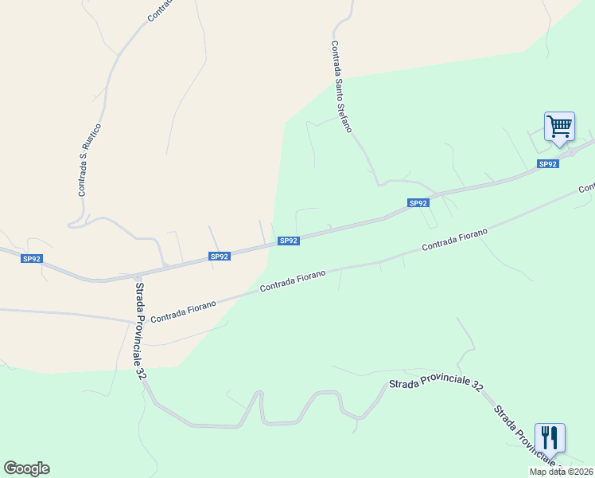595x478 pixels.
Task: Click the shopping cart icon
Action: click(559, 126)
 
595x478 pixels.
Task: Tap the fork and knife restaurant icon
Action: click(550, 437)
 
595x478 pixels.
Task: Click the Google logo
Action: click(26, 468)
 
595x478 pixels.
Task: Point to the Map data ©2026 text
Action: click(561, 472)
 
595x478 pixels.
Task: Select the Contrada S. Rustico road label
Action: click(89, 160)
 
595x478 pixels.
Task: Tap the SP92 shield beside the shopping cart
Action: click(547, 164)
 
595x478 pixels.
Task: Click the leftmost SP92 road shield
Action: click(32, 259)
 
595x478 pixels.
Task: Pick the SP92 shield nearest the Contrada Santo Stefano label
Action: click(418, 203)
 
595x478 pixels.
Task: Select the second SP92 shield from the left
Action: click(220, 257)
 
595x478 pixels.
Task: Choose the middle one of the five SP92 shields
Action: click(289, 241)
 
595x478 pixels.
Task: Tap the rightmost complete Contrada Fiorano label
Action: click(454, 238)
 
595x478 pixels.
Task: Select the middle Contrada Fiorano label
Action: click(293, 280)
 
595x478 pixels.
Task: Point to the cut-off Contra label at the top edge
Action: click(159, 10)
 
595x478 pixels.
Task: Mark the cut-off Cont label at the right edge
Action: click(586, 188)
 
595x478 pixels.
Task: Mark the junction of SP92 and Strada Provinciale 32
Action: click(136, 275)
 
